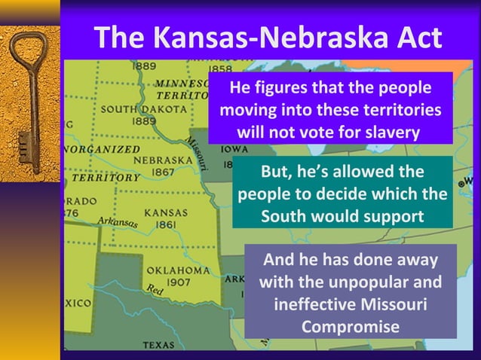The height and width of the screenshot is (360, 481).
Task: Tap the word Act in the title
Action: tap(415, 38)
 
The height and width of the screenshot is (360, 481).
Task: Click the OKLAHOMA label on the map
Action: tap(178, 269)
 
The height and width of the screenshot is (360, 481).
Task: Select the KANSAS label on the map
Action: tap(165, 212)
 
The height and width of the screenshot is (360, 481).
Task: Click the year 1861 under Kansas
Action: tap(166, 224)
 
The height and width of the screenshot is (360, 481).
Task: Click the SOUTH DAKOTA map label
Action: tap(143, 108)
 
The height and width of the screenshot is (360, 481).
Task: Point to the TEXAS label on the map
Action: tap(158, 346)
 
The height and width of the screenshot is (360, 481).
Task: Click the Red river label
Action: tap(155, 289)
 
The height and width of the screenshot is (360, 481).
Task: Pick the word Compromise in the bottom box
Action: tap(350, 328)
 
